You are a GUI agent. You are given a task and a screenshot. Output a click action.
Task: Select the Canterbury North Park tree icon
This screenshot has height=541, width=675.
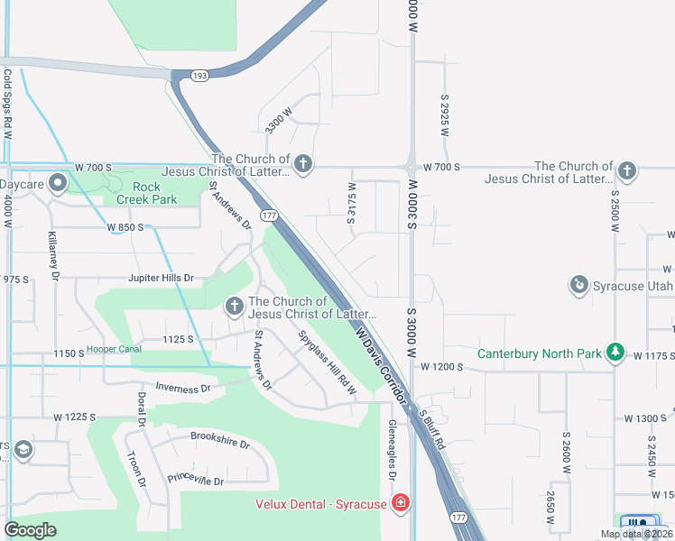tap(615, 352)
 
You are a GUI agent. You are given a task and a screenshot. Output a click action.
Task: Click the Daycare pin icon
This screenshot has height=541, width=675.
tap(59, 184)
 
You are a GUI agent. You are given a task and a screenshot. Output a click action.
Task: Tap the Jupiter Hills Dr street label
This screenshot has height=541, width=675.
tap(161, 278)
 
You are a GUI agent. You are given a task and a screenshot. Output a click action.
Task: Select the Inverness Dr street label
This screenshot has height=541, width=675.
tap(182, 388)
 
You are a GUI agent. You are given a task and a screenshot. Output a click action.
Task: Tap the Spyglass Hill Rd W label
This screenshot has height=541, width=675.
tap(328, 364)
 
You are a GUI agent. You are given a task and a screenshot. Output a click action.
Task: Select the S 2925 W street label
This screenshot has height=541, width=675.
tap(445, 115)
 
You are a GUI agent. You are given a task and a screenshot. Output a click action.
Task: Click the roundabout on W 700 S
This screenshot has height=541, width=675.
tap(411, 167)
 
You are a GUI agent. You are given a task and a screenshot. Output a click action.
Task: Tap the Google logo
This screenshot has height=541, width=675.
tap(30, 530)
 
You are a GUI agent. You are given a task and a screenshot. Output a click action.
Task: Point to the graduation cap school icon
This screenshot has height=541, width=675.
tap(23, 449)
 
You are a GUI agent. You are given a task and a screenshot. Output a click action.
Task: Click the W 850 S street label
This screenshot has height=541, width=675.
tap(125, 227)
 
